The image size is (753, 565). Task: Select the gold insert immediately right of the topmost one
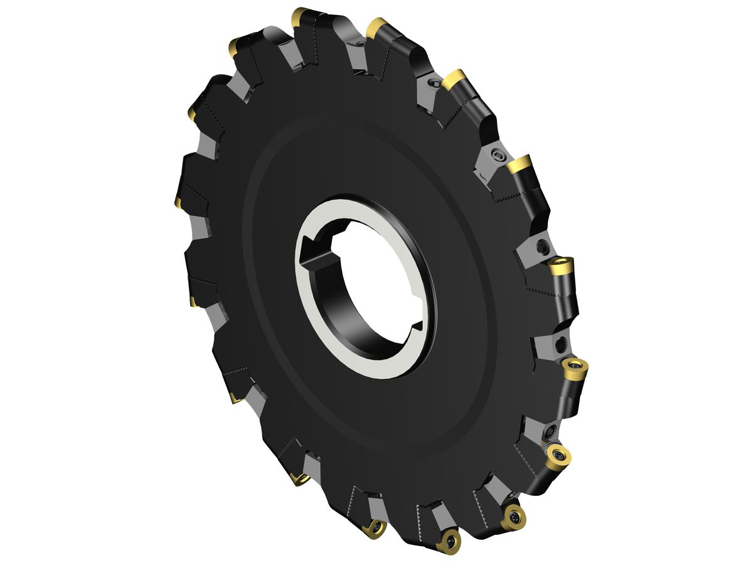376,27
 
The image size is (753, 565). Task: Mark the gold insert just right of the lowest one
514,517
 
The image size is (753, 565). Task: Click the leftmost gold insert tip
177,202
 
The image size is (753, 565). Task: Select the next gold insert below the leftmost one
192,302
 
